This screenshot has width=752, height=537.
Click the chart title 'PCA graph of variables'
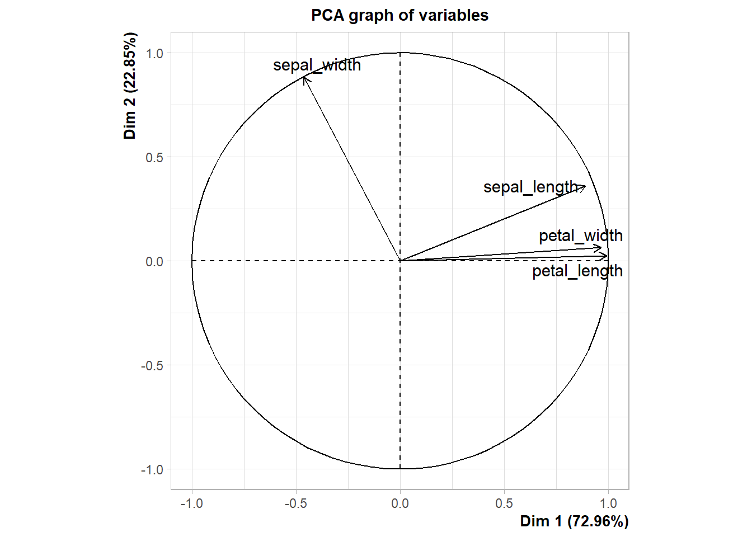(x=399, y=15)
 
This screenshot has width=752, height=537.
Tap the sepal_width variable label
(x=317, y=65)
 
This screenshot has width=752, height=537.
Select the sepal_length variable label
(x=530, y=187)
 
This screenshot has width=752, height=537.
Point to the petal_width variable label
(x=580, y=236)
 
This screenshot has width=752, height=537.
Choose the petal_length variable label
(x=577, y=271)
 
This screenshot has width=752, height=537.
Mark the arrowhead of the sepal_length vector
(x=585, y=186)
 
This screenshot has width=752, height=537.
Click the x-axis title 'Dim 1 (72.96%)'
(x=574, y=521)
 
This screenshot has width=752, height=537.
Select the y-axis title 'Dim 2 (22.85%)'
(x=130, y=86)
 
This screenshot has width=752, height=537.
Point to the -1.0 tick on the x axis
(x=192, y=503)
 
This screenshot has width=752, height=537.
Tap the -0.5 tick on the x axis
(x=296, y=503)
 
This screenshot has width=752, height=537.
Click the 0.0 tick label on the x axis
(x=400, y=503)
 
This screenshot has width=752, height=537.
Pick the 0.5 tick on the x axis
(x=504, y=503)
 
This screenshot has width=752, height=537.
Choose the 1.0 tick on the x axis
(x=608, y=503)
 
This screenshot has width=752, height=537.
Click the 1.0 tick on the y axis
(x=154, y=53)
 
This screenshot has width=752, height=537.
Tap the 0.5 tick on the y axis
(x=154, y=157)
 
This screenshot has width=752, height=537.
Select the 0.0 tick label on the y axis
(x=154, y=261)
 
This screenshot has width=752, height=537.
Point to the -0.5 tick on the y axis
(x=153, y=365)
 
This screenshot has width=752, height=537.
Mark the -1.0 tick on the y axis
(x=153, y=469)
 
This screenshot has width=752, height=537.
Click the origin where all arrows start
(x=400, y=261)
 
